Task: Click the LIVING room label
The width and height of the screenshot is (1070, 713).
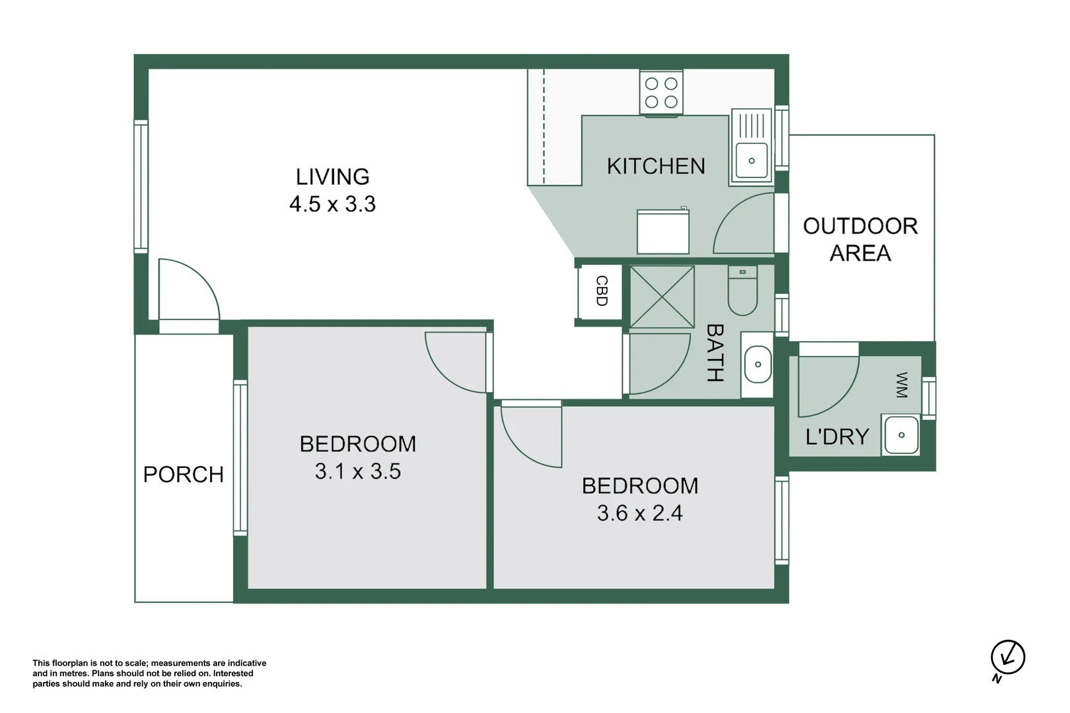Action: click(x=332, y=177)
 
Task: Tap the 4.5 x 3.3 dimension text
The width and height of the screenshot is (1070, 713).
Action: click(x=332, y=205)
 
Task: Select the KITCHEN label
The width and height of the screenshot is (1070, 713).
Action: click(x=656, y=166)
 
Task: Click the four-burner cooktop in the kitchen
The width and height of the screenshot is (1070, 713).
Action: click(x=661, y=92)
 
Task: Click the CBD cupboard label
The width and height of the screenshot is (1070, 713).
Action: click(x=602, y=291)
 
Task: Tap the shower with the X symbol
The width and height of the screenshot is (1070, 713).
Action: click(x=662, y=297)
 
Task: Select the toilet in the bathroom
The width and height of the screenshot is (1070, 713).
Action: click(x=742, y=290)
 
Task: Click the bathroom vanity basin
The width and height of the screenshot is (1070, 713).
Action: click(x=758, y=364)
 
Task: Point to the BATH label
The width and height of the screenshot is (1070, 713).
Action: click(x=715, y=353)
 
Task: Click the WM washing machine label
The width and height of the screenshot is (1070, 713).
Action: click(x=902, y=385)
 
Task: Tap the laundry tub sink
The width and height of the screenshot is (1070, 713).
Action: click(x=901, y=435)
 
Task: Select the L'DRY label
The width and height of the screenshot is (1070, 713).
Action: click(x=837, y=436)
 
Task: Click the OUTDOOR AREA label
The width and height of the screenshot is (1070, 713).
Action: click(x=861, y=240)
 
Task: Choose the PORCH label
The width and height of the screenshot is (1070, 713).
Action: click(x=184, y=475)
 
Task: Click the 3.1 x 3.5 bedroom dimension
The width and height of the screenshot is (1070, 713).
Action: click(x=358, y=471)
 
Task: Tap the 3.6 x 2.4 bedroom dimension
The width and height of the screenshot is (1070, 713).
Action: click(x=639, y=514)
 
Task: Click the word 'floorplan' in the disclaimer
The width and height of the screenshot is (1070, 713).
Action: click(x=68, y=663)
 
